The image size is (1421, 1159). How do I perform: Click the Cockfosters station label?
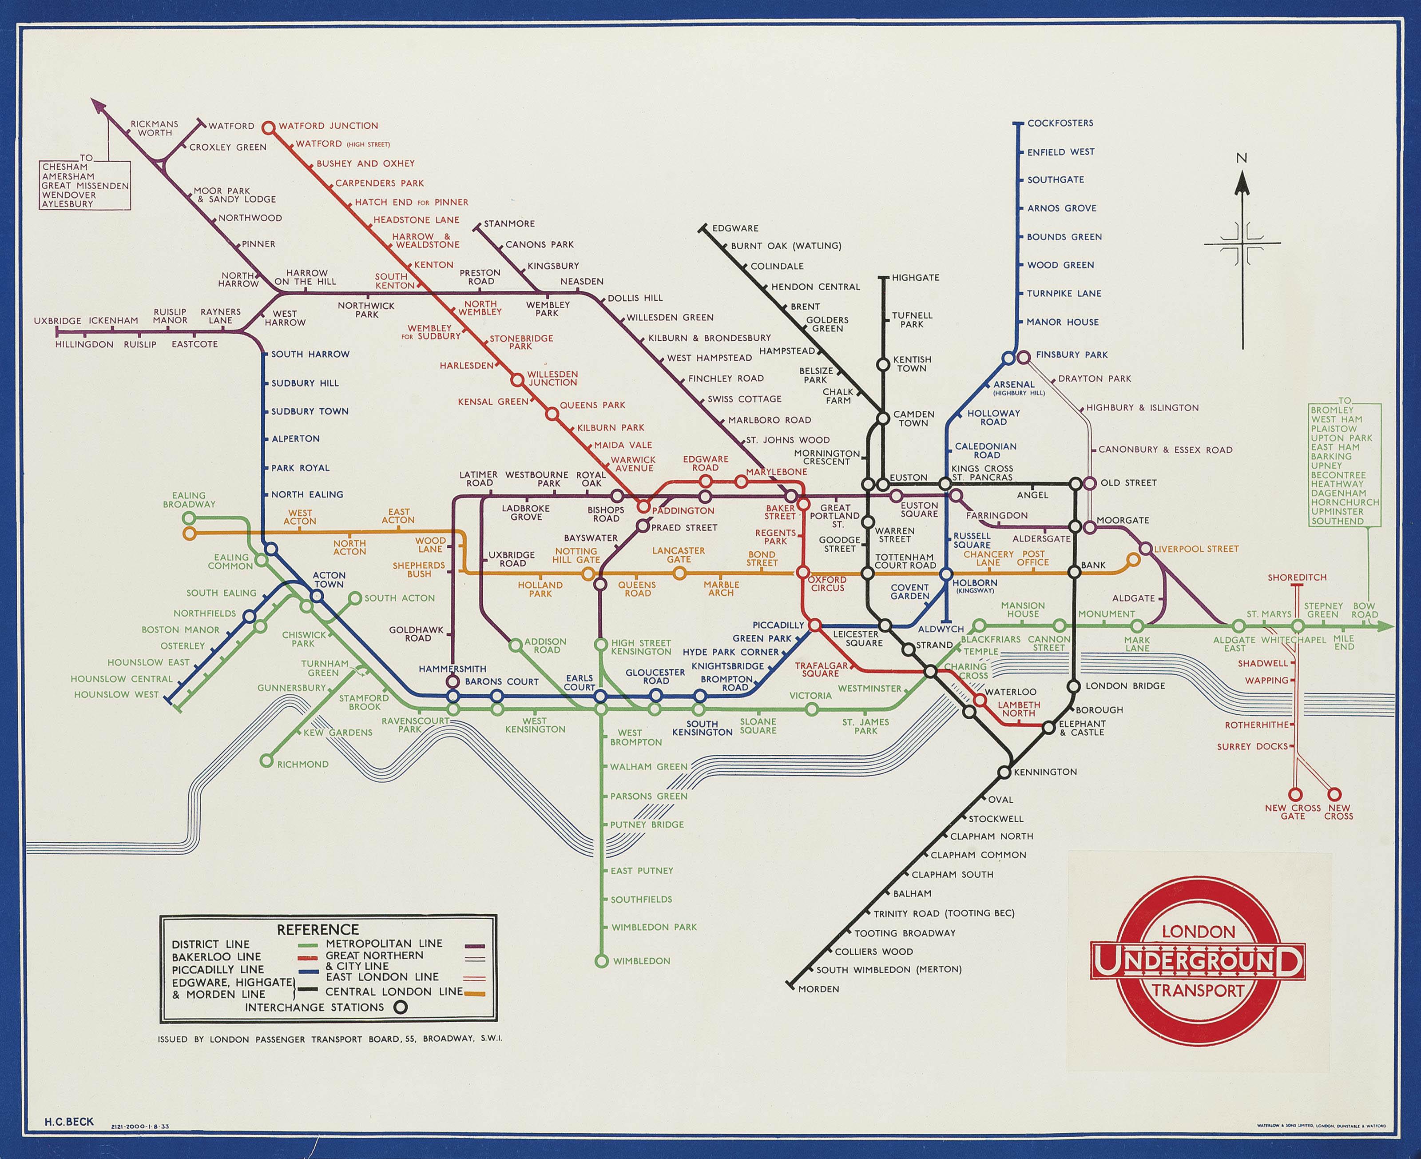click(x=1060, y=123)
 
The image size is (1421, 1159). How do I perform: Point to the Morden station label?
click(x=818, y=989)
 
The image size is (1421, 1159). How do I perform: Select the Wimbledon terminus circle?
click(x=601, y=961)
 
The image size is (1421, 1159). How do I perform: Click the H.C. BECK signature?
click(x=69, y=1122)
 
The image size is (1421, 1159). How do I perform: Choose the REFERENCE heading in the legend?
click(x=318, y=929)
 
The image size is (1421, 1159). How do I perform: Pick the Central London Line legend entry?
click(x=394, y=992)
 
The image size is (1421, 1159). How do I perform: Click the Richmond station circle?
click(x=267, y=761)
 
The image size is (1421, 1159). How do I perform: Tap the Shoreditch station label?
click(x=1297, y=578)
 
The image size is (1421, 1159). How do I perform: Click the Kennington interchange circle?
click(x=1004, y=773)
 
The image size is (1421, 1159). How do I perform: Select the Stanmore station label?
click(x=508, y=223)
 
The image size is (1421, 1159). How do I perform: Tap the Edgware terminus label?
click(x=735, y=228)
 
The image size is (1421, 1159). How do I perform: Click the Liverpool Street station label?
click(x=1195, y=549)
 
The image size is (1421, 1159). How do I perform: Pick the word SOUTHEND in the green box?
click(x=1338, y=522)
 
